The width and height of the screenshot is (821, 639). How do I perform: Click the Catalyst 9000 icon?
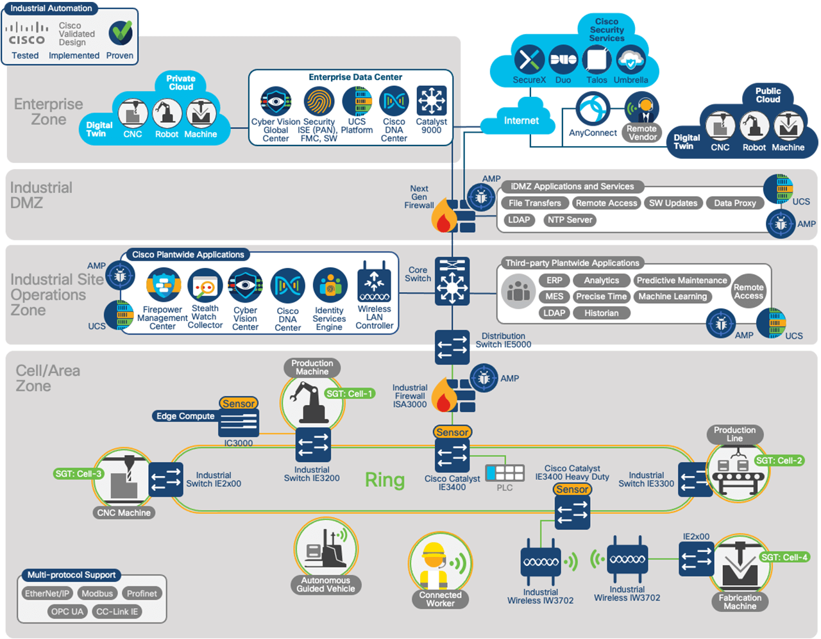(x=431, y=101)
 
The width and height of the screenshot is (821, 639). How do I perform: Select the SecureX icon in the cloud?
(x=529, y=60)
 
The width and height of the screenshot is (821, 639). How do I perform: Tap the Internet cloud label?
(x=521, y=120)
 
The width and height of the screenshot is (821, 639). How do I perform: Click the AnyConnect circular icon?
(x=592, y=109)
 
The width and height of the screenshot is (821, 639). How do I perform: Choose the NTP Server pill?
(x=570, y=220)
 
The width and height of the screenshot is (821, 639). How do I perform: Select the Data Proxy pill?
(x=734, y=203)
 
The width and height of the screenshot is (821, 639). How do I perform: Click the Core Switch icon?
(x=452, y=281)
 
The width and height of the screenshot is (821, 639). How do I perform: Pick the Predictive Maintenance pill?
(x=682, y=281)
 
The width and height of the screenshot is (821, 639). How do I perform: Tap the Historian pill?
(x=601, y=313)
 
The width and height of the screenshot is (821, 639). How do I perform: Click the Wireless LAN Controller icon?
(x=374, y=282)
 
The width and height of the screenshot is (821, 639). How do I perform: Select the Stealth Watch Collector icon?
(x=205, y=286)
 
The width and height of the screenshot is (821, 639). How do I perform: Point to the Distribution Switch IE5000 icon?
(x=452, y=347)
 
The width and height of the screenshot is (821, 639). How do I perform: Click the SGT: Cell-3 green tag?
(x=78, y=474)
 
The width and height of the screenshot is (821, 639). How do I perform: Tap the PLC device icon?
(x=505, y=473)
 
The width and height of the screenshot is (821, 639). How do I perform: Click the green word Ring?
(x=385, y=480)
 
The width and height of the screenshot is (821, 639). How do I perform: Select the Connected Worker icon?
(x=440, y=565)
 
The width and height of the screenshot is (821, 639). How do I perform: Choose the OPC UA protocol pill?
(x=67, y=611)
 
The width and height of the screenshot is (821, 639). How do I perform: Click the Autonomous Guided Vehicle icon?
(x=326, y=549)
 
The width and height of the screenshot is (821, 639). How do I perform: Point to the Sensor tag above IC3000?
(x=239, y=404)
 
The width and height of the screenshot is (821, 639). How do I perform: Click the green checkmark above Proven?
(x=120, y=32)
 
